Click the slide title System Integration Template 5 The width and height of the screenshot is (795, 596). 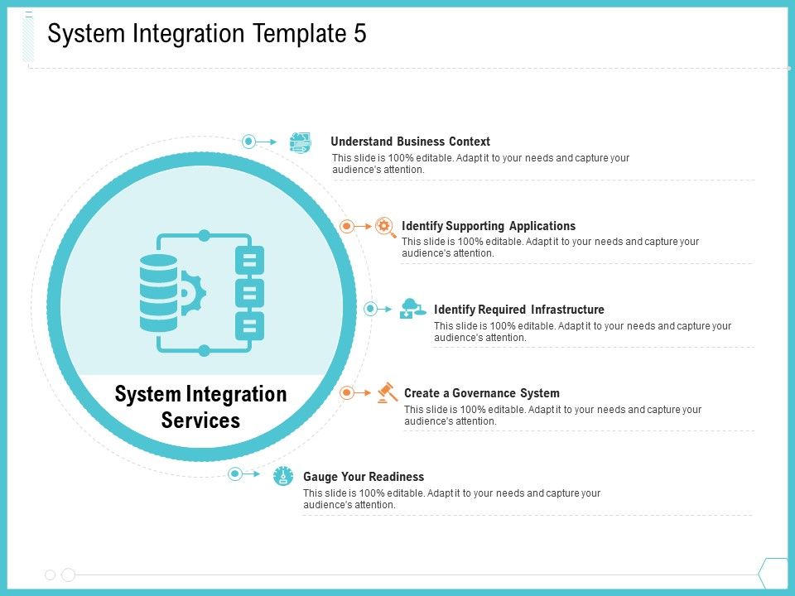207,34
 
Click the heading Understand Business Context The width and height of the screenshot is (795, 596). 410,142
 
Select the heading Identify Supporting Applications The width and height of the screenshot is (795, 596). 489,226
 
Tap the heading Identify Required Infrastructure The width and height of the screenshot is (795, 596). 518,310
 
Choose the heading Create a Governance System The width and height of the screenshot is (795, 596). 482,393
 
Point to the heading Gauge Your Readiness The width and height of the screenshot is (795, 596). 364,477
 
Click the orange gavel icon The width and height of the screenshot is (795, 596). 388,392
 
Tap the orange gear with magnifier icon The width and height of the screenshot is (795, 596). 385,227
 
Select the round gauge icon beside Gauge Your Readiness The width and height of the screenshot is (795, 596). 283,476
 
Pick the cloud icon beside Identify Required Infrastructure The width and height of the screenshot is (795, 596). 412,309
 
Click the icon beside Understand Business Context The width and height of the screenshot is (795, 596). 300,142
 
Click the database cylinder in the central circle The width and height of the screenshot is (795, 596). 159,293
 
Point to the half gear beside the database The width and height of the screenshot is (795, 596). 193,293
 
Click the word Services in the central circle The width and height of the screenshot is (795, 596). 200,421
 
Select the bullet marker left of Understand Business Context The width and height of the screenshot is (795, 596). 248,142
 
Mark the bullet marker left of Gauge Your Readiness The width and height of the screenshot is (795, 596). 234,473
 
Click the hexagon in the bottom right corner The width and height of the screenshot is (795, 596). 775,574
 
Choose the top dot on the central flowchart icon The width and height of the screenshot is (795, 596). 204,236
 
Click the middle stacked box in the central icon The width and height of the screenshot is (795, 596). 249,293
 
